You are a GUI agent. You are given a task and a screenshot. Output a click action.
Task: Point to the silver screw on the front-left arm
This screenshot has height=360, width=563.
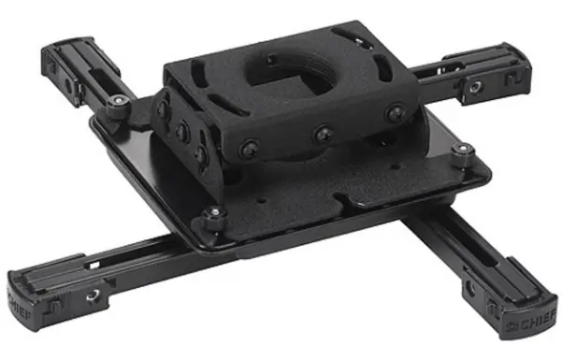pyautogui.click(x=93, y=295)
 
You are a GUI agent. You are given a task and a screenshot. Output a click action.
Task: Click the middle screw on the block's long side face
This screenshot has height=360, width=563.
pyautogui.click(x=323, y=135)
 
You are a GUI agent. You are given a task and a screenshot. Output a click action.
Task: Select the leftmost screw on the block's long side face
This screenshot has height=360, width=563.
pyautogui.click(x=248, y=147)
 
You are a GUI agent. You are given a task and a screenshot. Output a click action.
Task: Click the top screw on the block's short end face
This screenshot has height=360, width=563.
pyautogui.click(x=164, y=109)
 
